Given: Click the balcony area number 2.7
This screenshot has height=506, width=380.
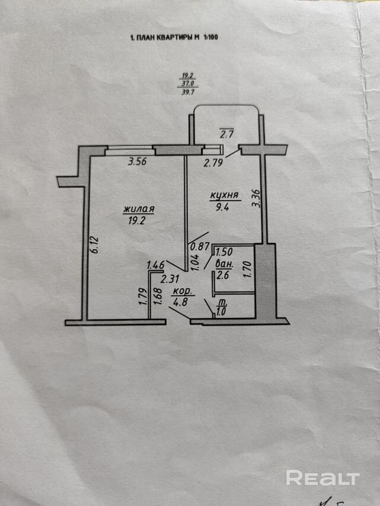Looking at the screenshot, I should (226, 134).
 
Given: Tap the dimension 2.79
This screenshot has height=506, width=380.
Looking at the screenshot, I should (214, 162).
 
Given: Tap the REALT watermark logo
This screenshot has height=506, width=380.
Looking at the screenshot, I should (323, 477).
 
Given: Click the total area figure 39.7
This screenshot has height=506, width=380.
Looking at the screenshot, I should (189, 92).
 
